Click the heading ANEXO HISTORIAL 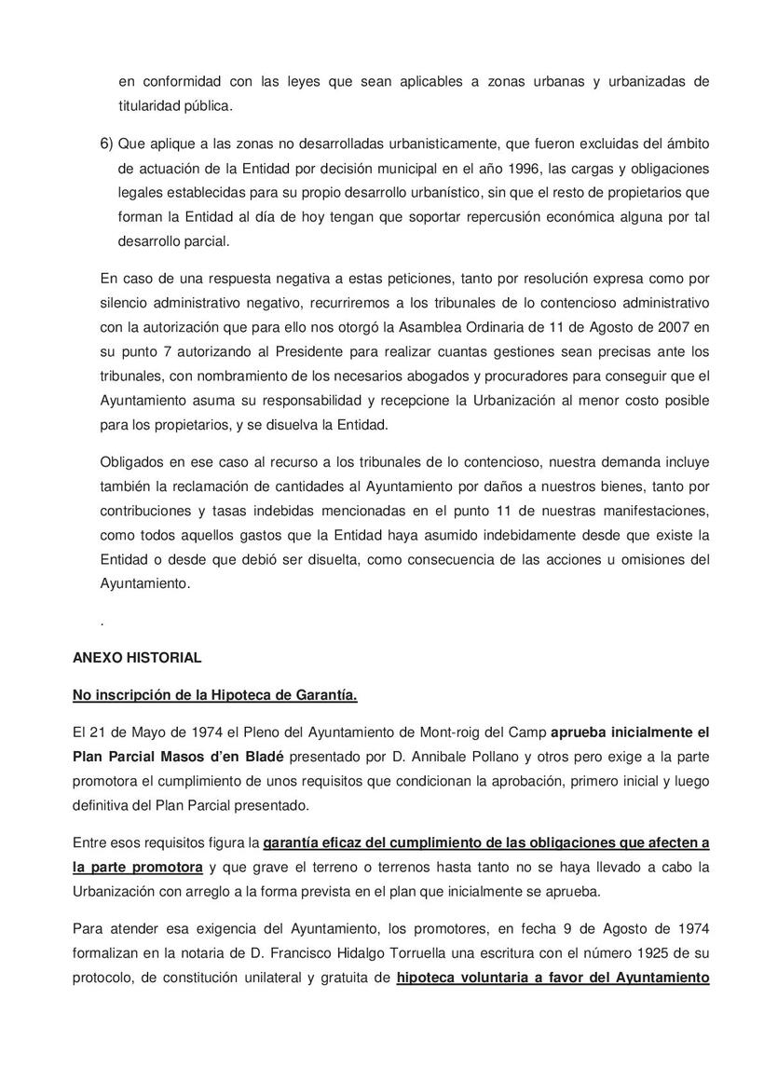coord(137,658)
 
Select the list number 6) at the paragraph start coord(106,144)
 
